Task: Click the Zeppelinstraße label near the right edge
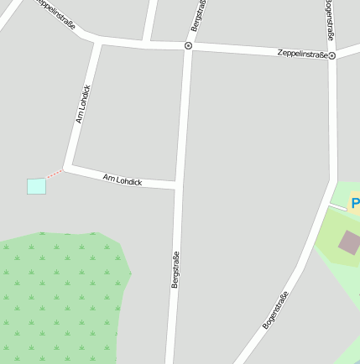[302, 54]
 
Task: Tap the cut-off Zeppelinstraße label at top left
[57, 14]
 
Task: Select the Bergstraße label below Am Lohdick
[175, 270]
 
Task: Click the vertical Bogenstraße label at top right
[330, 21]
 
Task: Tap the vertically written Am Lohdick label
[82, 104]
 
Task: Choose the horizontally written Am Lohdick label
[123, 179]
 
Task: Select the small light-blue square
[36, 186]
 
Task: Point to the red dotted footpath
[55, 174]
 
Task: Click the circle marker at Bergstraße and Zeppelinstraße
[188, 45]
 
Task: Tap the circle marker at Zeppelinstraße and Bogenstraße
[332, 56]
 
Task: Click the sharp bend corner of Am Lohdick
[67, 167]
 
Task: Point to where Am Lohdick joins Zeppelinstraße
[100, 40]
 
